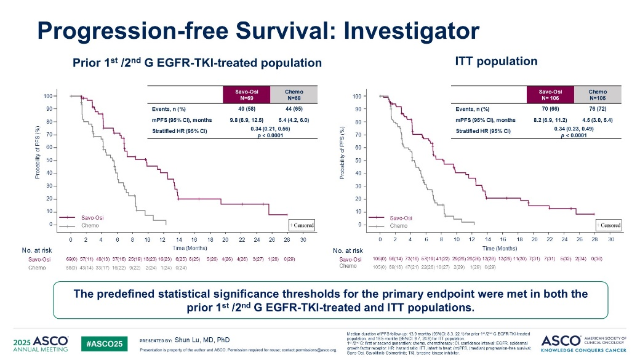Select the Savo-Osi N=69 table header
246,95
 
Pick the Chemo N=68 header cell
294,95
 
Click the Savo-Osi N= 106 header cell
550,95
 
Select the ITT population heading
496,62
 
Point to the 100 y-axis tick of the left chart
47,96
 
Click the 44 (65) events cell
294,109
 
